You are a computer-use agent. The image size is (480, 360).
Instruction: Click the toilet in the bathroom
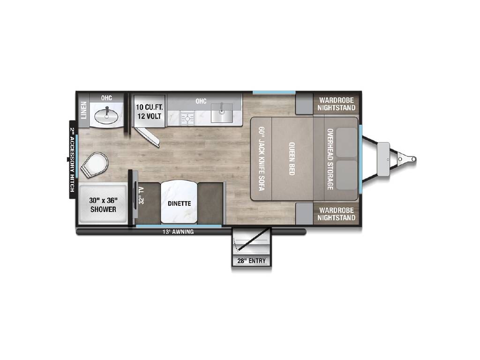tap(95, 165)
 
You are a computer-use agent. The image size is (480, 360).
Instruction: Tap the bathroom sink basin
tap(106, 116)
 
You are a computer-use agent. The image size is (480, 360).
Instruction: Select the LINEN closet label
tap(83, 110)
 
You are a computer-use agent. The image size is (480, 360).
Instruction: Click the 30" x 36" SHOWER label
tap(103, 205)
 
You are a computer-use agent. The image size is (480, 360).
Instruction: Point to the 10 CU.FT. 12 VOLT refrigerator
tap(150, 111)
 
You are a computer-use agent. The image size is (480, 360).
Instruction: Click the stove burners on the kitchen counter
tap(187, 118)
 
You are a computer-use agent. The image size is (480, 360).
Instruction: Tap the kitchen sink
tap(222, 113)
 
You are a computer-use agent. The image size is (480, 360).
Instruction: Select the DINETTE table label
tap(180, 203)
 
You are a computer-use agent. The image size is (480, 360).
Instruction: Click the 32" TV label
tap(142, 195)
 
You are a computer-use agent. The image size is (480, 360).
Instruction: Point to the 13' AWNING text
tap(178, 232)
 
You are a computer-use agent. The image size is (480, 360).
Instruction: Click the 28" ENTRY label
tap(251, 261)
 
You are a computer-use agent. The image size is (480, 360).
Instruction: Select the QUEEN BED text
tap(292, 158)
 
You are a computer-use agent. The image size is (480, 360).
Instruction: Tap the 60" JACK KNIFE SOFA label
tap(262, 158)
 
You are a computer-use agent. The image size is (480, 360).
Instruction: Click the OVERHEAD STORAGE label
tap(330, 159)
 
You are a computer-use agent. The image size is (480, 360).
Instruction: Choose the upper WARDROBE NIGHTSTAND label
tap(336, 104)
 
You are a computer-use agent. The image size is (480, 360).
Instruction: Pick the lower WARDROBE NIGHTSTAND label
tap(336, 214)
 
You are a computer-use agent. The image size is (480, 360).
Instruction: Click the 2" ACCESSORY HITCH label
tap(72, 159)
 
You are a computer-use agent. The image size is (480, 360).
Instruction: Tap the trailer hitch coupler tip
tap(413, 159)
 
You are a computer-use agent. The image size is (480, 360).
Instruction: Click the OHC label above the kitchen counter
tap(201, 101)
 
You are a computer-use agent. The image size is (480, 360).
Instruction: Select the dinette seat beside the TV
tap(148, 203)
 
